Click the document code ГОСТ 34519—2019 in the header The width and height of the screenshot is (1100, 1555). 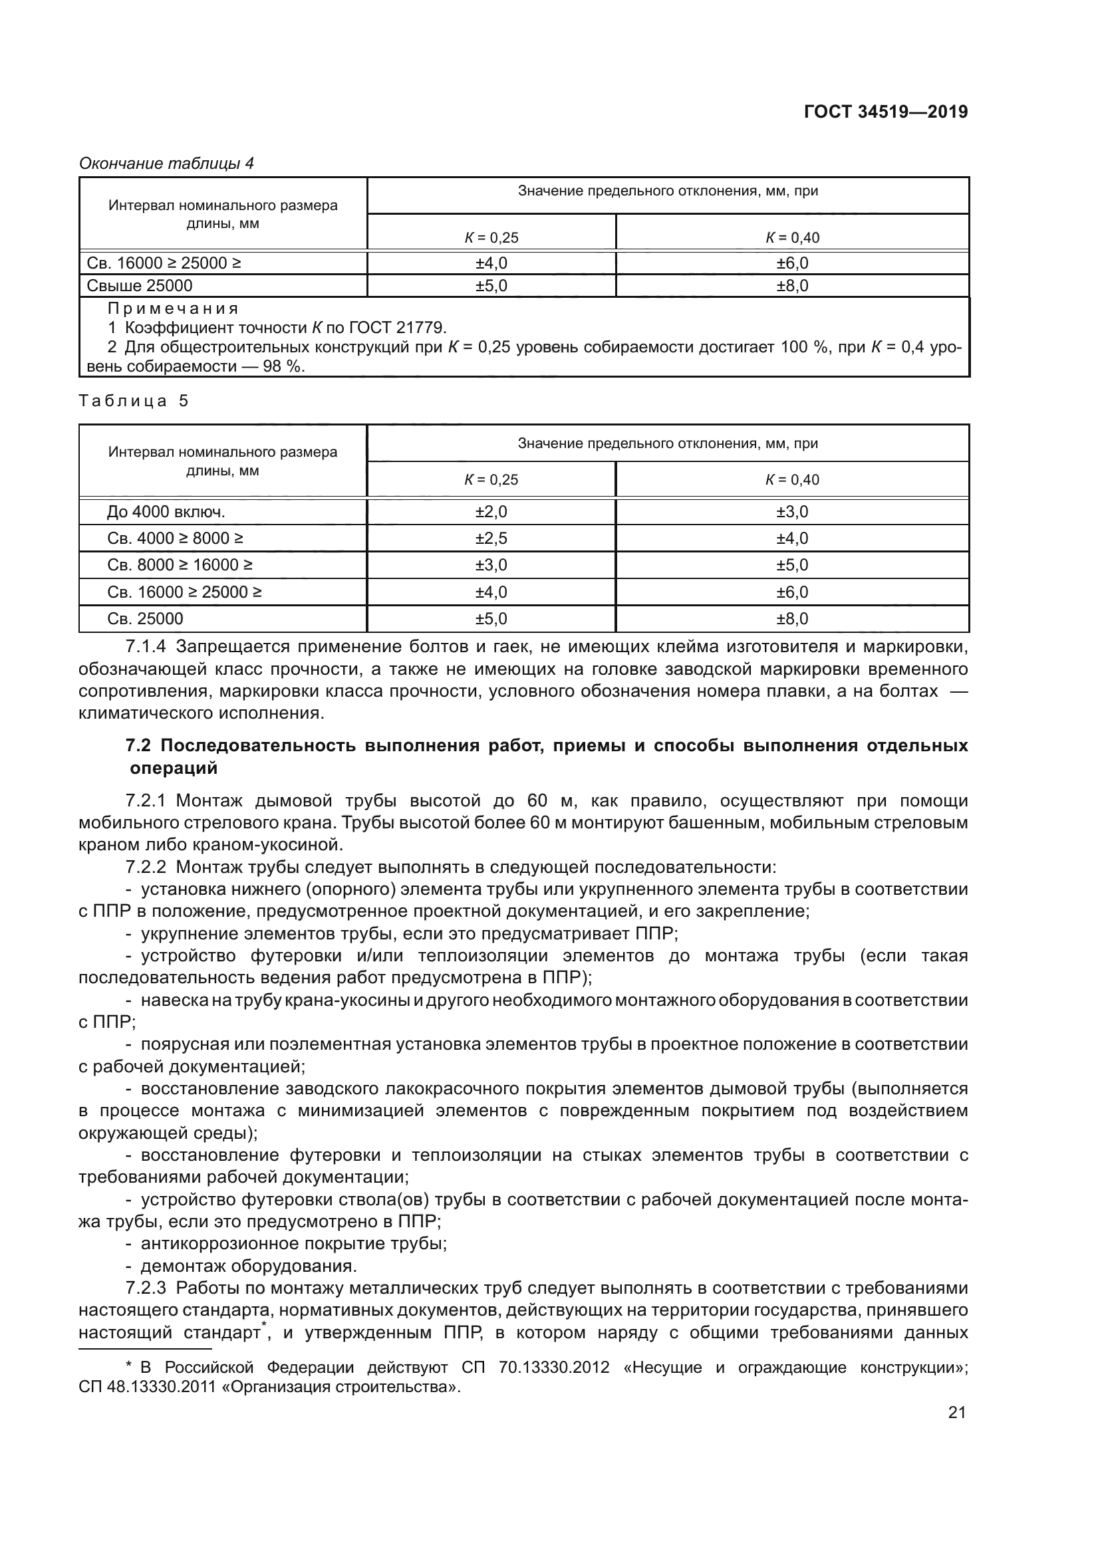885,112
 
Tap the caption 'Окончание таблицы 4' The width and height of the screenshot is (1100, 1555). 167,164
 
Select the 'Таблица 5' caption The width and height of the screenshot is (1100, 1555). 134,401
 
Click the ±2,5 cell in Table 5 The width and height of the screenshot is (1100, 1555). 491,538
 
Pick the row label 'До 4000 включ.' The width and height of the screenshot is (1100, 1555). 166,511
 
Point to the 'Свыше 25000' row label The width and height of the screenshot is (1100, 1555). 140,286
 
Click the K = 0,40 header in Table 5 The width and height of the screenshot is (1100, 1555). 792,479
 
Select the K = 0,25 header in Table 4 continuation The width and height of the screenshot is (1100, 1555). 491,238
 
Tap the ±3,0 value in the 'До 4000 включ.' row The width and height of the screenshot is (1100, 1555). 792,511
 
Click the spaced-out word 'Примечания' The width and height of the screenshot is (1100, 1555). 174,309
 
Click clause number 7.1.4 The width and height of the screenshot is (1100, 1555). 146,647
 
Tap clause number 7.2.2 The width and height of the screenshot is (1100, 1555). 146,868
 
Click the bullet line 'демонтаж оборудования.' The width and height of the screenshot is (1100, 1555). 248,1266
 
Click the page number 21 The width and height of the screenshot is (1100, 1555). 956,1432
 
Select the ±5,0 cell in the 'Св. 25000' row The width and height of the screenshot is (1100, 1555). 491,618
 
